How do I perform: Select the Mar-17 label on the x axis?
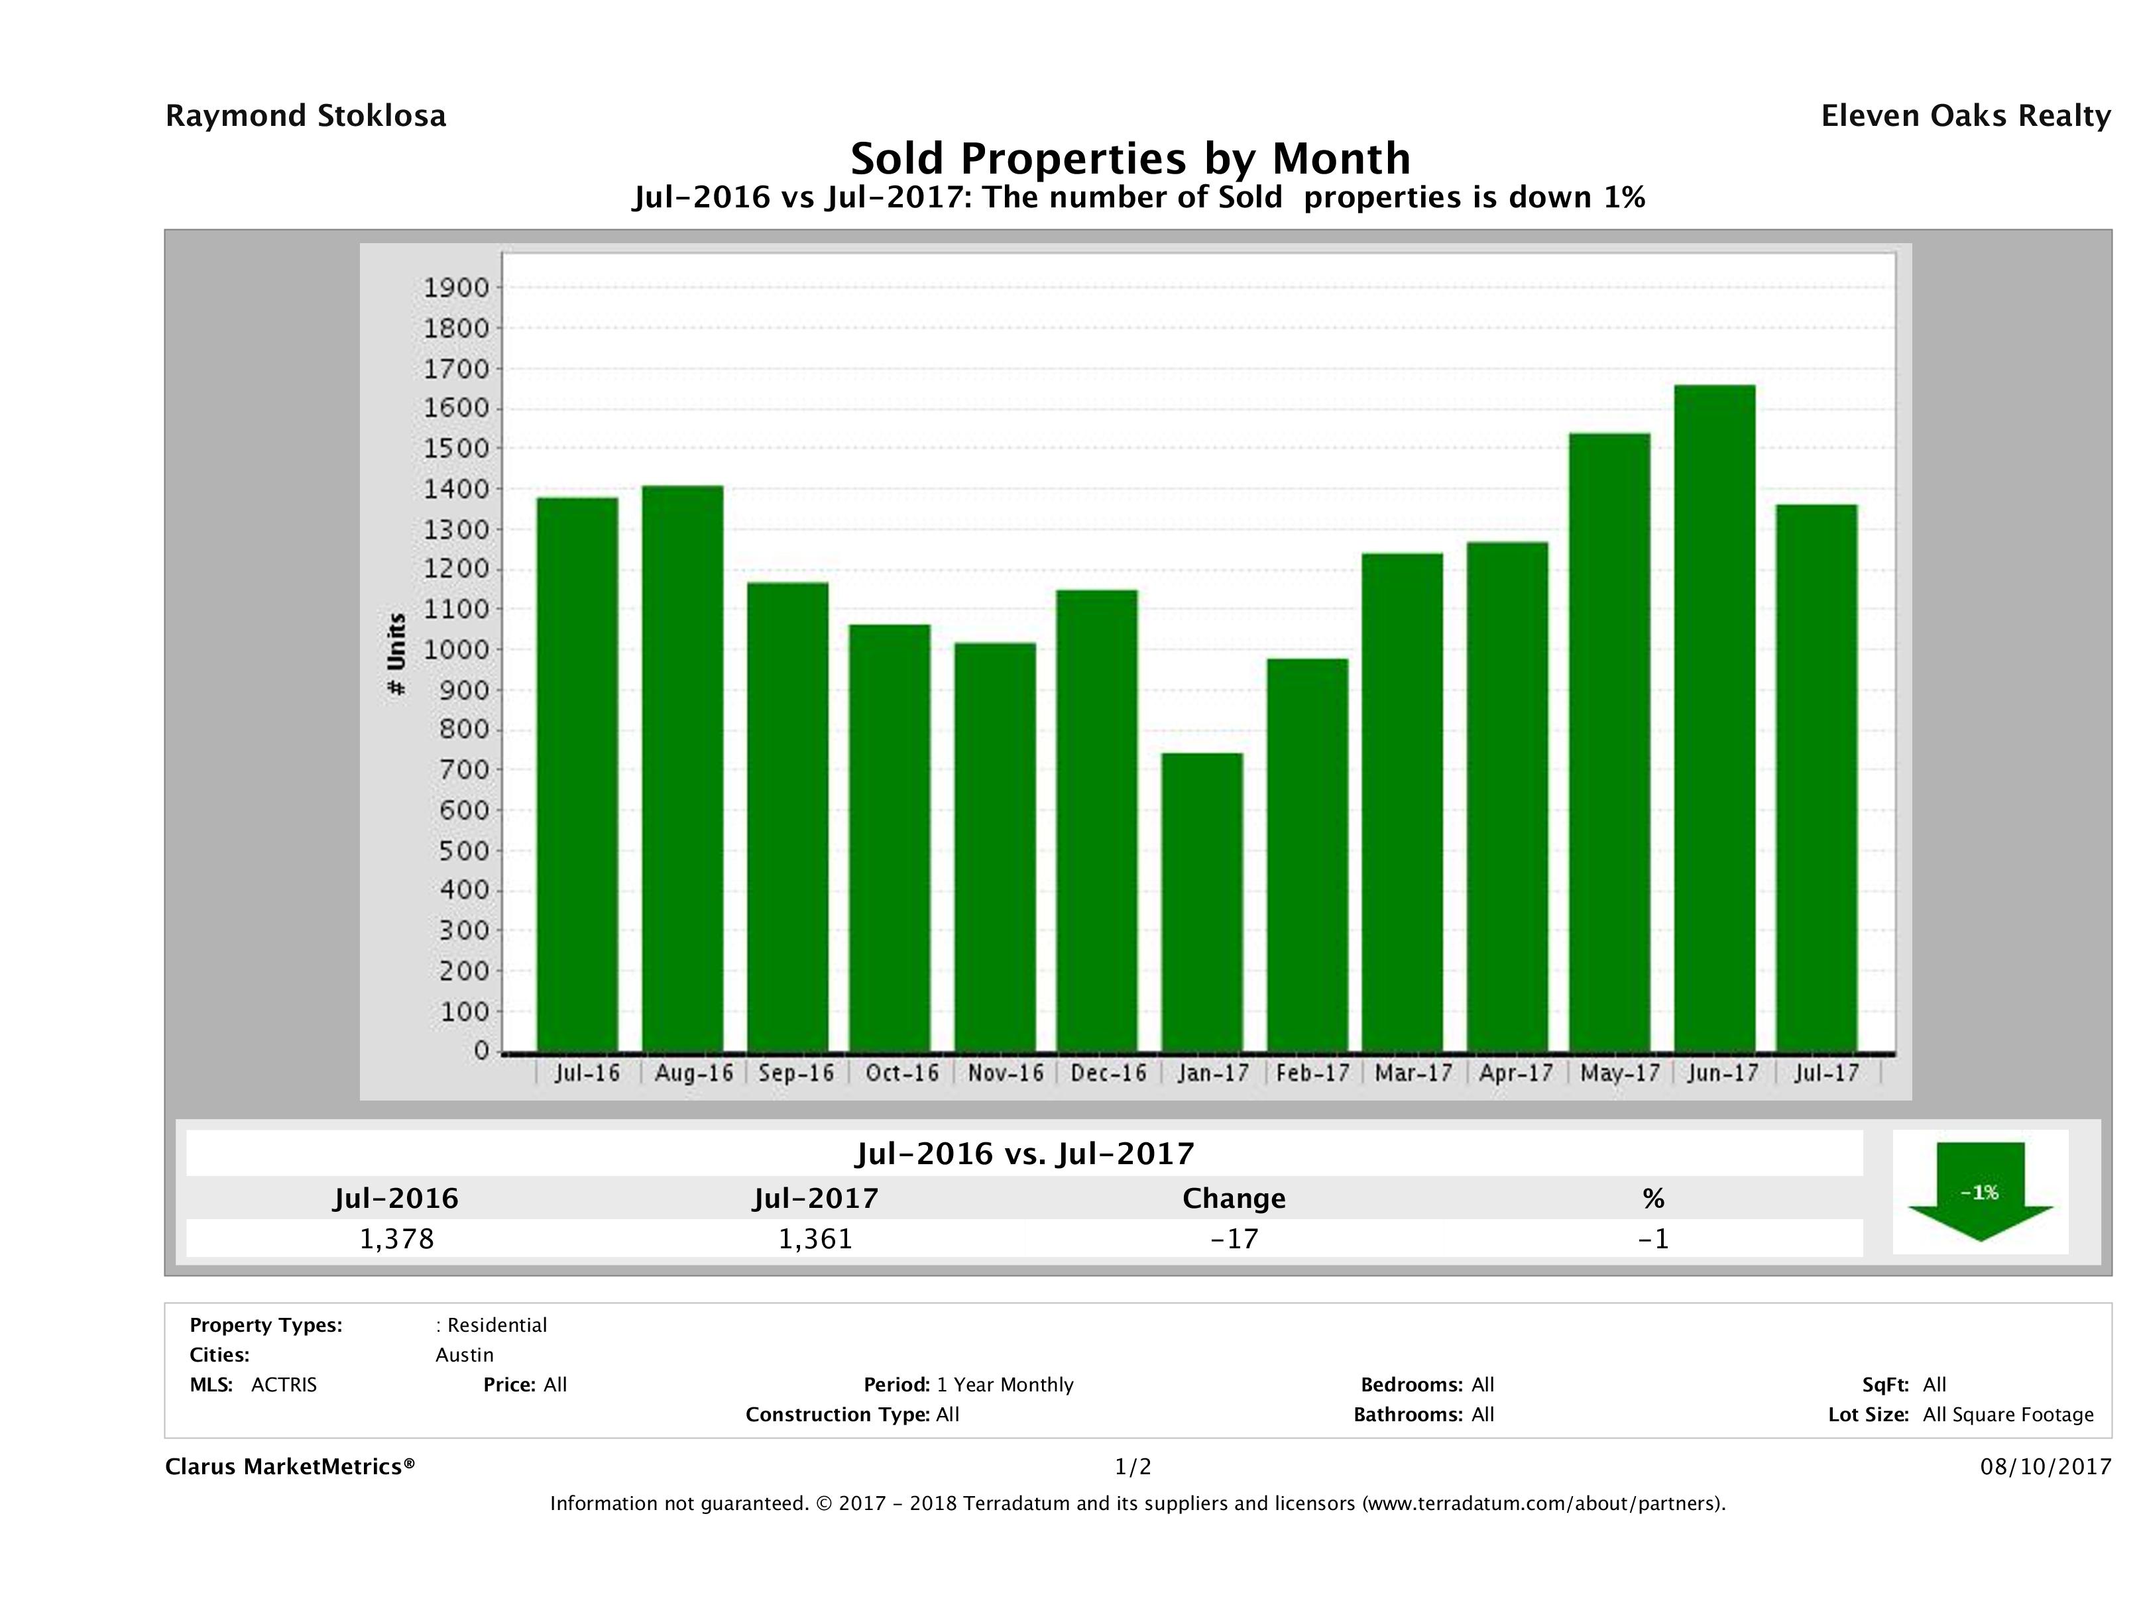[x=1414, y=1073]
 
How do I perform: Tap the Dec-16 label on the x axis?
[x=1108, y=1073]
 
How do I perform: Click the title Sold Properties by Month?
[x=1129, y=158]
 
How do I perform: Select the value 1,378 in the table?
[x=396, y=1238]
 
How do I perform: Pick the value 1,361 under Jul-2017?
[x=815, y=1238]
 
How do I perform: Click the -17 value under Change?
[x=1234, y=1238]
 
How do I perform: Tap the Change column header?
[x=1234, y=1199]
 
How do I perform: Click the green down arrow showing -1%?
[x=1979, y=1192]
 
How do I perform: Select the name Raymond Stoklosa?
[x=306, y=116]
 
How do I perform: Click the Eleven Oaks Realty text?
[x=1965, y=116]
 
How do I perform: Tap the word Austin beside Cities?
[x=464, y=1355]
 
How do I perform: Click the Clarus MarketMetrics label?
[x=290, y=1466]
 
